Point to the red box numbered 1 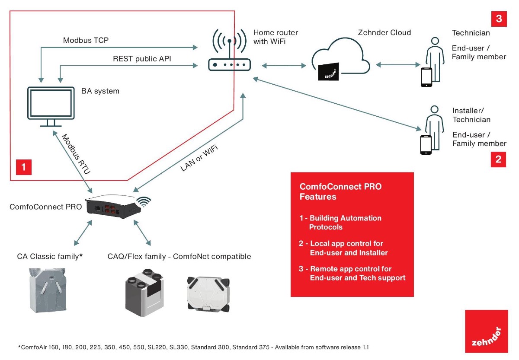tap(24, 167)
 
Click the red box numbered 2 tap(498, 159)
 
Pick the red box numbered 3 tap(498, 19)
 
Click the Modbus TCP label tap(86, 41)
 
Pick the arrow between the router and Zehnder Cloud tap(284, 66)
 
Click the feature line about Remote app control tap(352, 273)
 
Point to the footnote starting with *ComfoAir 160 tap(194, 347)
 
